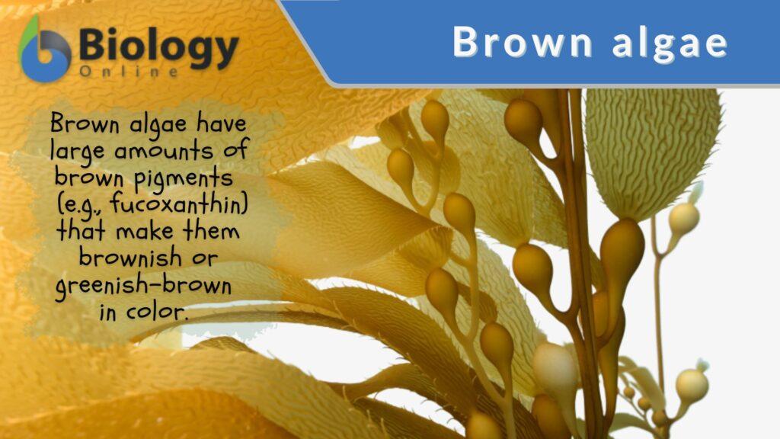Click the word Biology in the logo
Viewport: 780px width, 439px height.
click(x=158, y=47)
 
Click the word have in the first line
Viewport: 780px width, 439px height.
click(x=221, y=123)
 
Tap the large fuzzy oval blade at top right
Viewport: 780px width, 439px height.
click(x=651, y=149)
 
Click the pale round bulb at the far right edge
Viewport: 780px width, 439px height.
click(x=683, y=219)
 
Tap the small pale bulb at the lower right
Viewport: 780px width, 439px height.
click(x=691, y=385)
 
